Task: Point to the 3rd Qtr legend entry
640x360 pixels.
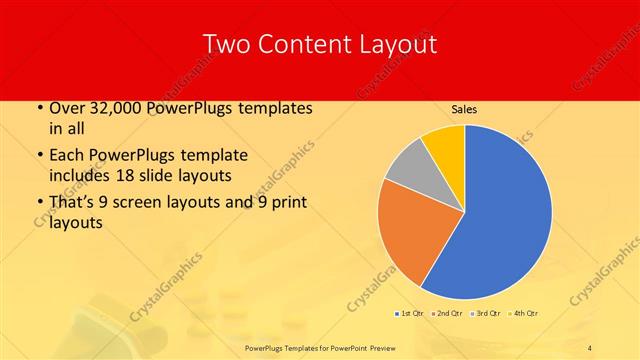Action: pos(489,313)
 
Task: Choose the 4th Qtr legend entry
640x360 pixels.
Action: pos(526,313)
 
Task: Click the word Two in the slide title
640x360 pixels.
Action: pos(225,44)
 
